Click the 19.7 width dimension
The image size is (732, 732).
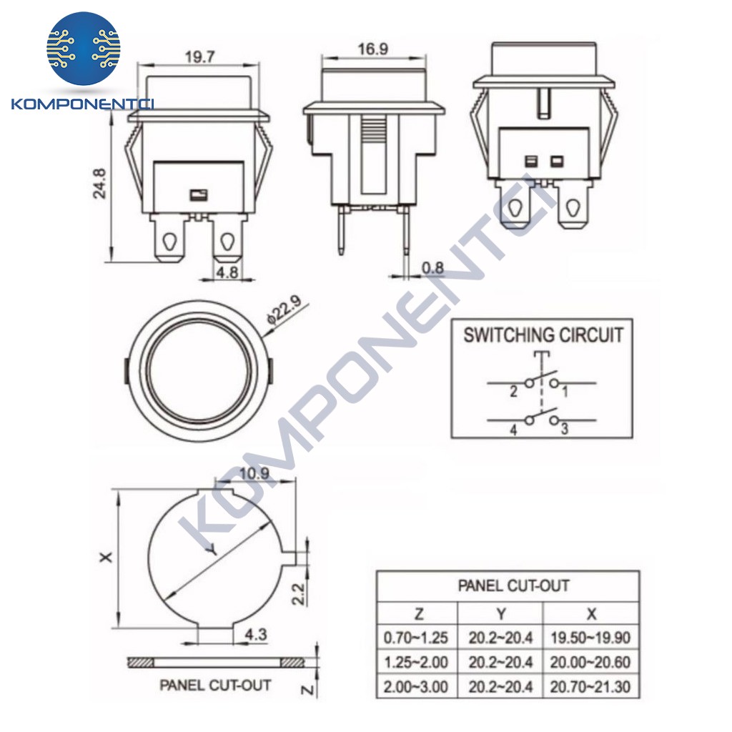coord(199,58)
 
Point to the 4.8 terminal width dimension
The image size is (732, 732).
coord(227,272)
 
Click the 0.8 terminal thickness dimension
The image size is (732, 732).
coord(432,268)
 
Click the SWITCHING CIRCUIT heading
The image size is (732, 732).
coord(543,335)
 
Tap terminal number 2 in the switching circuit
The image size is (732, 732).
coord(513,392)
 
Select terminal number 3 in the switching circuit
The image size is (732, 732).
coord(564,429)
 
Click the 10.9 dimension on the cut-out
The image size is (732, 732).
coord(255,473)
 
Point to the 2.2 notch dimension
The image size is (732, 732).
coord(300,593)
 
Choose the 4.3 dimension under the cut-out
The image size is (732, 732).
coord(256,633)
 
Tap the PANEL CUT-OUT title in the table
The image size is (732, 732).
coord(513,586)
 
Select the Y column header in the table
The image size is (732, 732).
coord(500,613)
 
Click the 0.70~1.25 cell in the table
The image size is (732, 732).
coord(416,638)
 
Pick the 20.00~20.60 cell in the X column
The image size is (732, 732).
coord(590,663)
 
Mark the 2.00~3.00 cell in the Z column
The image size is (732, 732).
coord(416,687)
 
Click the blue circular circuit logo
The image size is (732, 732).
coord(84,48)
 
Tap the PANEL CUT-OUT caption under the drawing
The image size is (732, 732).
coord(215,685)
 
